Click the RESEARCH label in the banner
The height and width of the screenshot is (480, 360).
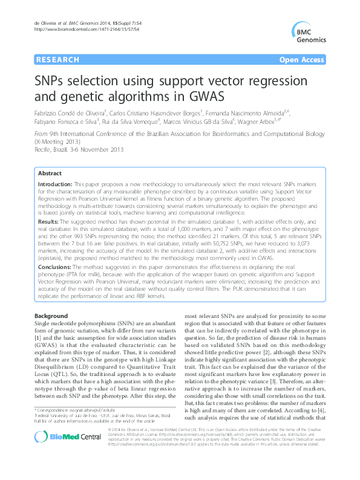(57, 60)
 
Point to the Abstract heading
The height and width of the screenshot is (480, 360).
(50, 173)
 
